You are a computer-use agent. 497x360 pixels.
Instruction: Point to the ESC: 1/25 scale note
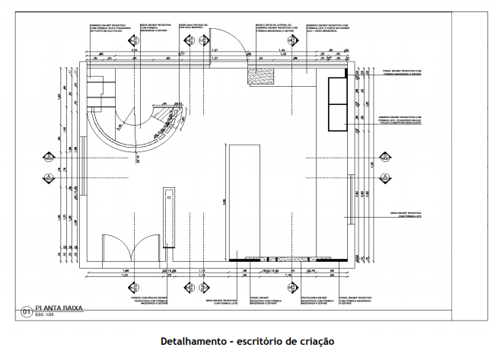(46, 315)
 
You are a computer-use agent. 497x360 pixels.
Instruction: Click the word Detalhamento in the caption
(193, 341)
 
